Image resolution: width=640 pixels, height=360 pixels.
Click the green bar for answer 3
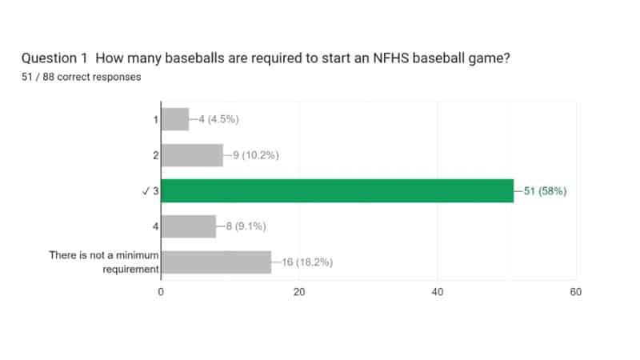coord(337,190)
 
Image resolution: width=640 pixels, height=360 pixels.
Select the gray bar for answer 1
coord(175,119)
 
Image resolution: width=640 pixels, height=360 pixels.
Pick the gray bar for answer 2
coord(192,154)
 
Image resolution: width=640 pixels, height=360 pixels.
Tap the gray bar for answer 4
coord(189,226)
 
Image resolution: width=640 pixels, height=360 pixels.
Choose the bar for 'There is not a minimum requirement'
coord(216,262)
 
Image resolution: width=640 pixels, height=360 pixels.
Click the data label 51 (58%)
coord(545,190)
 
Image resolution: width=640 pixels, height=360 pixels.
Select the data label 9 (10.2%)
coord(255,155)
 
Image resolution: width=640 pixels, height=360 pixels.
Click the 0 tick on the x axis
coord(162,292)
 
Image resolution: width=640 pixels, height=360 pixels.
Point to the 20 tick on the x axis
coord(299,292)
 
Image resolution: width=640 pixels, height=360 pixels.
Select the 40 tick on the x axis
coord(438,292)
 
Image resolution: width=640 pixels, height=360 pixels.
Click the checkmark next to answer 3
coord(146,191)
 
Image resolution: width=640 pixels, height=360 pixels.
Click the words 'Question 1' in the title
coord(53,58)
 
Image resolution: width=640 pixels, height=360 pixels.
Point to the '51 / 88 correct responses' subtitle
coord(82,78)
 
